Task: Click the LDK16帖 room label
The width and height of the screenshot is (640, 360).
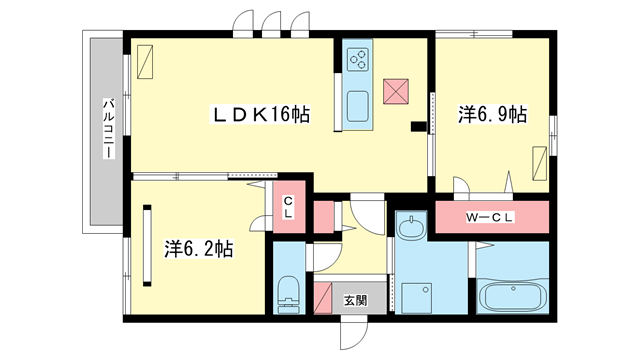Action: pos(260,114)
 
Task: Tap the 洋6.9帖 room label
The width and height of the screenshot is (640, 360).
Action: pos(492,114)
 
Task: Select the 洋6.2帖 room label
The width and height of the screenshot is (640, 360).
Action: pos(199,249)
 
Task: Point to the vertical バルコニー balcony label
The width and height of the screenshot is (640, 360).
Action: pos(109,128)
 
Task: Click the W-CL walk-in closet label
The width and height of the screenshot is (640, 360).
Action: pos(489,217)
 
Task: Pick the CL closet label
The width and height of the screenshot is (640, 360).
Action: pos(288,207)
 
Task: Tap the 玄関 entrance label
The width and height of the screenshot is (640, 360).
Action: pos(356,301)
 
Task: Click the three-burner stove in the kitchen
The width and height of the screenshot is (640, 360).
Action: pos(358,59)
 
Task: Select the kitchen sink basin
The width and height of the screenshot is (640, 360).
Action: pos(358,106)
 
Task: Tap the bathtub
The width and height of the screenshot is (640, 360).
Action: pos(513,296)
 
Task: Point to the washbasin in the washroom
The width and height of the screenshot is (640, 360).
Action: pos(411,228)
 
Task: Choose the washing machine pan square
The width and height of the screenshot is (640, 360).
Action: pos(417,298)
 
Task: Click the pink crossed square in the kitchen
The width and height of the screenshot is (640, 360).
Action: pos(396,91)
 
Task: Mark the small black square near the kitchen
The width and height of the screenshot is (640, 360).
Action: pos(418,127)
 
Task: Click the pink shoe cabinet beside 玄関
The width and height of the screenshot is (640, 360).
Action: pos(322,298)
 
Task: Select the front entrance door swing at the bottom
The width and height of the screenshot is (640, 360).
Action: pos(354,336)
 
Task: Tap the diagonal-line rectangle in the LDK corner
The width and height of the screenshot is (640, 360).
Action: pos(145,62)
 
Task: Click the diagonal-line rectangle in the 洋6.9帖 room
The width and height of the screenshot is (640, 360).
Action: pos(540,163)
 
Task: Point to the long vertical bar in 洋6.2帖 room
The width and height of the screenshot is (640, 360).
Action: pos(147,246)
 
